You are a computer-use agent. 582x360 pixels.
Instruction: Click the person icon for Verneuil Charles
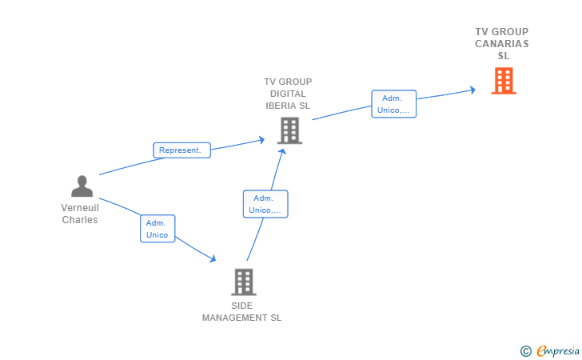tap(82, 186)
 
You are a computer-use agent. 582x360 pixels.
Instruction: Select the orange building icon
tap(504, 81)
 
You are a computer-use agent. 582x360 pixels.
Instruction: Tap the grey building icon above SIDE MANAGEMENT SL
tap(244, 282)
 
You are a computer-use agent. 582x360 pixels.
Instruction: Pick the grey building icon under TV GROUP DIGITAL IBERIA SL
tap(289, 130)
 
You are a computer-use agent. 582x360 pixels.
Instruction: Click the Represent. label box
tap(182, 150)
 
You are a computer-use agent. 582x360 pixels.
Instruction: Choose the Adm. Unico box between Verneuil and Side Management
tap(157, 229)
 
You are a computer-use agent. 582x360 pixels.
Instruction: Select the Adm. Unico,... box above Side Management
tap(265, 204)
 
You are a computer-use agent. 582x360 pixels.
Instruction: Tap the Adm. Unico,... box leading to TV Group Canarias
tap(394, 104)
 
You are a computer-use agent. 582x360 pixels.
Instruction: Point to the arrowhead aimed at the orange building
tap(472, 90)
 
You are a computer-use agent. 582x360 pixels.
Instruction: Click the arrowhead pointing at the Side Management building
tap(213, 258)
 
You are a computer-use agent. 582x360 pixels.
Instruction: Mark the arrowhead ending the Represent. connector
tap(261, 140)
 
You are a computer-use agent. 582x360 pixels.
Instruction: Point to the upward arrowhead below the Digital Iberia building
tap(282, 151)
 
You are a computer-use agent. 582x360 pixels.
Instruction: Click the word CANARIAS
tap(502, 44)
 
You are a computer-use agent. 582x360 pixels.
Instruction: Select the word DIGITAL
tap(288, 94)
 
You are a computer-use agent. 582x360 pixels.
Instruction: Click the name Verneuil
tap(80, 208)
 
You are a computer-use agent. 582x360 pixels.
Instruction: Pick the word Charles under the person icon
tap(80, 220)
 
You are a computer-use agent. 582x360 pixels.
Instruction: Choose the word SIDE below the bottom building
tap(242, 306)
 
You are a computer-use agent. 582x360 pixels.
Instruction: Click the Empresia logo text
tap(558, 350)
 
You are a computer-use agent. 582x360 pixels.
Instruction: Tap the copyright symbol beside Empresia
tap(526, 351)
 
